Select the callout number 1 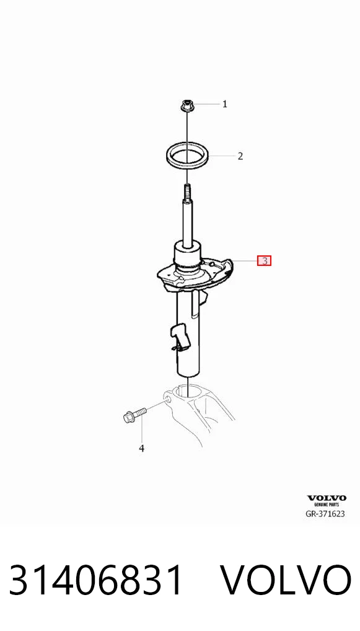(225, 104)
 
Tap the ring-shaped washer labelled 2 (188, 155)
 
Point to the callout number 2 (240, 156)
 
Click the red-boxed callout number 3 (264, 261)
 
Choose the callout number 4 (142, 448)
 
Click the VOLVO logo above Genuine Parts (327, 498)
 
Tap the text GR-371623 (326, 513)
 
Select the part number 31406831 (96, 581)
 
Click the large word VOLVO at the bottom (286, 581)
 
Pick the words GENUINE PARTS (327, 504)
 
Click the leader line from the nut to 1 (206, 104)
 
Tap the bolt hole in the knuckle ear (167, 400)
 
